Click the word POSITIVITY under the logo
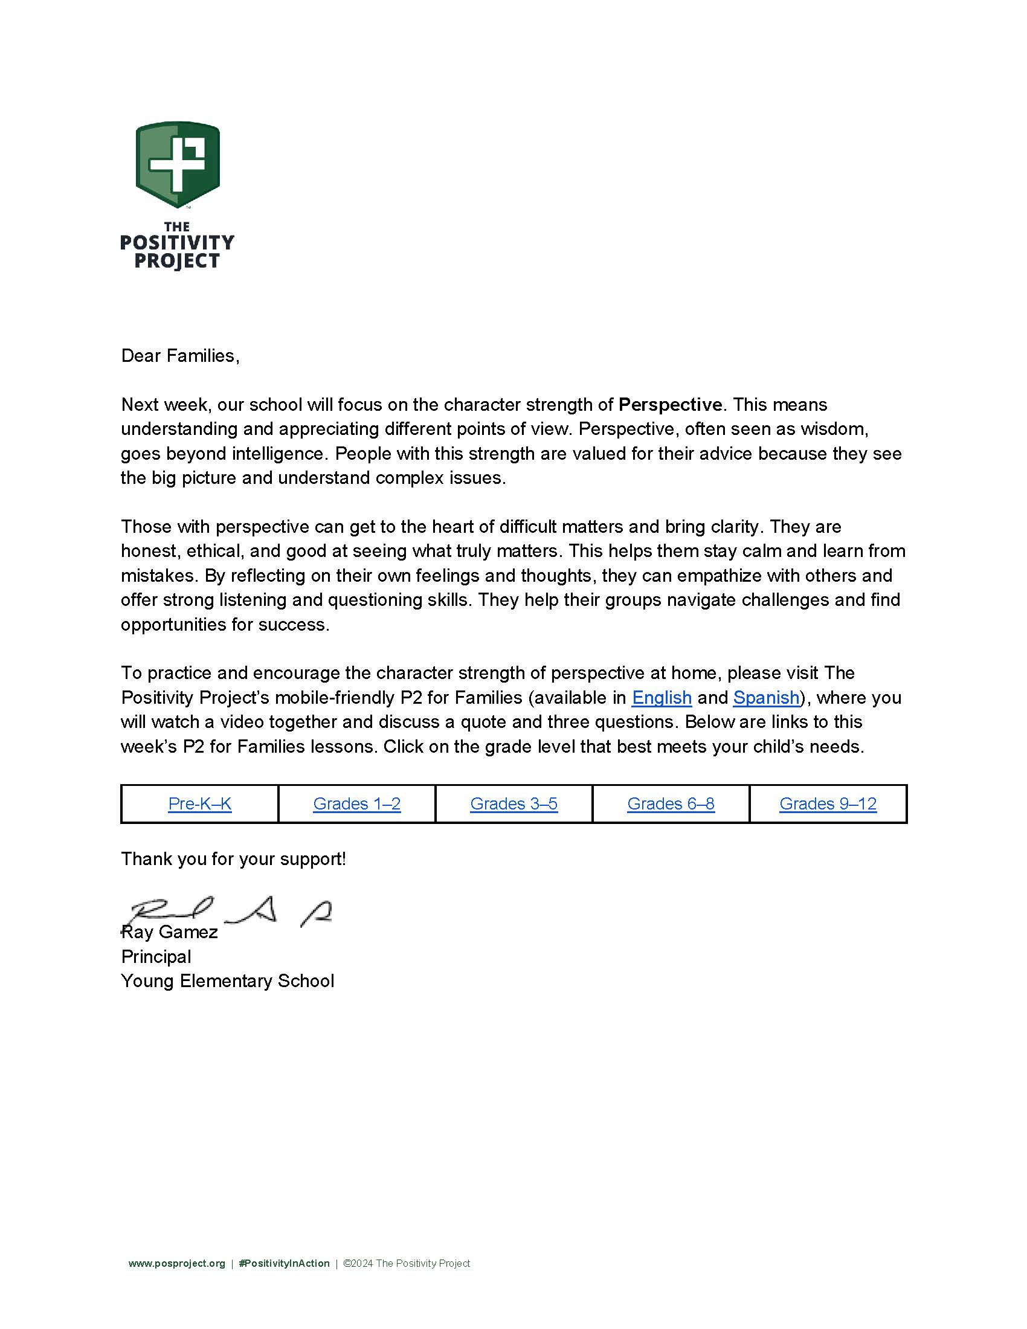(177, 243)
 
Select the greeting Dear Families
(180, 356)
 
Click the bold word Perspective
(670, 405)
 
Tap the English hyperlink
(662, 697)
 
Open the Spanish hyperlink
(766, 697)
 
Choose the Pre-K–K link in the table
(199, 804)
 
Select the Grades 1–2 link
(356, 804)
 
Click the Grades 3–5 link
(513, 804)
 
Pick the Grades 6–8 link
(671, 804)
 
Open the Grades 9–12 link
(828, 804)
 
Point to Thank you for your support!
(233, 859)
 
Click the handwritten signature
(231, 912)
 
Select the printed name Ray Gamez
(170, 932)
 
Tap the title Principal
(156, 957)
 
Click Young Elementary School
(228, 981)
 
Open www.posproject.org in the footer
(176, 1264)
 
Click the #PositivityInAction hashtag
(284, 1264)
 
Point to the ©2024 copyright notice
(407, 1264)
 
